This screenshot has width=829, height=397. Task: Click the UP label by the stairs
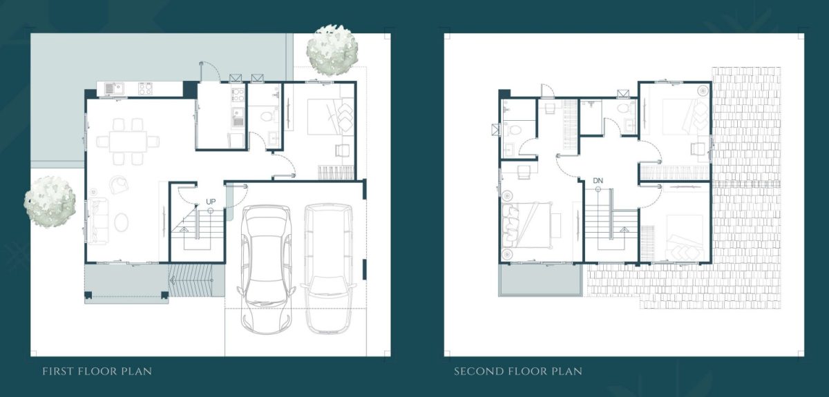211,202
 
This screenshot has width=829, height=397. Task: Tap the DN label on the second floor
598,181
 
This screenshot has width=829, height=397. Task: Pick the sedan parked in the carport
267,269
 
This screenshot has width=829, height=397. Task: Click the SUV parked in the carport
329,269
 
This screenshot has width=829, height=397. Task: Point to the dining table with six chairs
128,142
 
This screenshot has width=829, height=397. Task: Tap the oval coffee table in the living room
122,222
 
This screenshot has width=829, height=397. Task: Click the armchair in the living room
119,184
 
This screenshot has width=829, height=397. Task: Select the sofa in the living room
97,221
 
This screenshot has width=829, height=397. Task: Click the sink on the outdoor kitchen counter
115,88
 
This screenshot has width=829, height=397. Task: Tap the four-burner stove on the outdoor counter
145,88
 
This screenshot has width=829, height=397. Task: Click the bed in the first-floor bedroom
330,116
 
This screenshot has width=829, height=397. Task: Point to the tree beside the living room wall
50,202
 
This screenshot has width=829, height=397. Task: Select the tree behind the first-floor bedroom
332,50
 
